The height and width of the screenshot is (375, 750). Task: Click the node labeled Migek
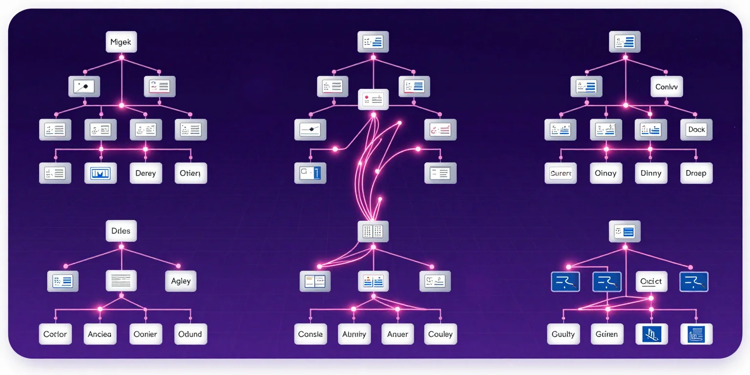click(x=121, y=42)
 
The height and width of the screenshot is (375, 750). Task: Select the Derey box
click(x=146, y=173)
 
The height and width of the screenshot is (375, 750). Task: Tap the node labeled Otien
click(x=190, y=173)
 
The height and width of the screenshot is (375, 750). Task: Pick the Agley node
click(x=181, y=281)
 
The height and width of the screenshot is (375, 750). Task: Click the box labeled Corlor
click(x=55, y=334)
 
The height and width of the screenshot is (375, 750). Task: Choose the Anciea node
click(x=100, y=334)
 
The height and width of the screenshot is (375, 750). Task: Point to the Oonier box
click(x=145, y=334)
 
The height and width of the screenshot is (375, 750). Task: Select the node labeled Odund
click(x=190, y=334)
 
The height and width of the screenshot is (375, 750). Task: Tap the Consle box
click(x=311, y=334)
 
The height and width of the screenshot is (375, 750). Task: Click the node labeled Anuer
click(x=397, y=334)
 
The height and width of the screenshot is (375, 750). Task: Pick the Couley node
click(x=440, y=334)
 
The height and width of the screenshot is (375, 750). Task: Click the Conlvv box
click(x=667, y=87)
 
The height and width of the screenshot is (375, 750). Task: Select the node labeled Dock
click(x=696, y=130)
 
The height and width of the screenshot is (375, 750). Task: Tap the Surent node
click(x=561, y=173)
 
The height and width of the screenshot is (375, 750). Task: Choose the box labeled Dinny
click(x=650, y=173)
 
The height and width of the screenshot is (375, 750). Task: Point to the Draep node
click(x=696, y=173)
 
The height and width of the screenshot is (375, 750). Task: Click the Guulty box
click(x=563, y=334)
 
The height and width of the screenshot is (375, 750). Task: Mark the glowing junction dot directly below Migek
click(x=122, y=58)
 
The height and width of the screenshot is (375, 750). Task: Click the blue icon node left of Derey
click(x=101, y=173)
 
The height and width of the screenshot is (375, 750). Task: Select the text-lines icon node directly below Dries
click(x=121, y=281)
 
